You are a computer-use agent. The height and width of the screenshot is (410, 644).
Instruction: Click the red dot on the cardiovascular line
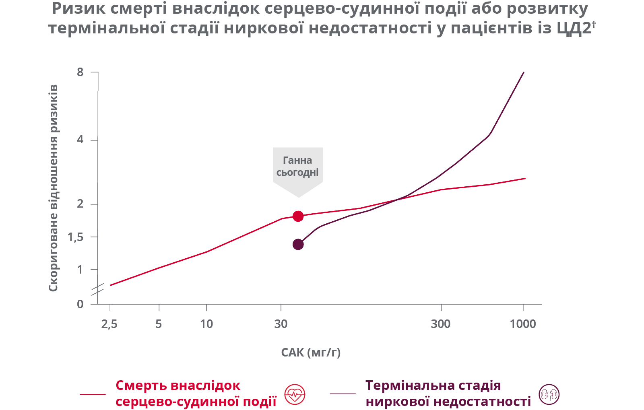298,216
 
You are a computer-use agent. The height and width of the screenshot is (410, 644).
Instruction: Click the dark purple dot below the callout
298,244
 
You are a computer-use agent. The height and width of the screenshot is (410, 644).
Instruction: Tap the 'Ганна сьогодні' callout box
297,167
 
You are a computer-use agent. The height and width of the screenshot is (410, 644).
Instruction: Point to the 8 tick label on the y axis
80,72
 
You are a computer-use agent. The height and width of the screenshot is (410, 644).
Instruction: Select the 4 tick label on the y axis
80,140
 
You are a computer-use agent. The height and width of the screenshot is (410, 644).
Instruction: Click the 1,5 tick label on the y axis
76,237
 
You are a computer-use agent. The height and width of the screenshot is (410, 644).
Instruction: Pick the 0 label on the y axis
80,304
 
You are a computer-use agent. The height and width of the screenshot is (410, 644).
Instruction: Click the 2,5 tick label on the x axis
109,324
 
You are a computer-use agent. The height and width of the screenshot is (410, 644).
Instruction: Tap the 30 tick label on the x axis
281,324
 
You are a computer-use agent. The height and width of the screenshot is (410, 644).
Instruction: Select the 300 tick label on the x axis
441,324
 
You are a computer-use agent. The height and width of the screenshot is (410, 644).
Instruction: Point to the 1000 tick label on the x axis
523,324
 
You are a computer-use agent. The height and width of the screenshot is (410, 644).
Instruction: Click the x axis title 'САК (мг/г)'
311,353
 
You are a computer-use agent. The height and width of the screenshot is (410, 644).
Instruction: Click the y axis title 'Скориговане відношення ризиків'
53,188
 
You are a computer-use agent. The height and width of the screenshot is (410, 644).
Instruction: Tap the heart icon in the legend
295,394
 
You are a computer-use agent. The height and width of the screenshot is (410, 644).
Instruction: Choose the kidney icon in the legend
549,394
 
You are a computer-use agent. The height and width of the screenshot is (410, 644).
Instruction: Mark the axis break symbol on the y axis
97,289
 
